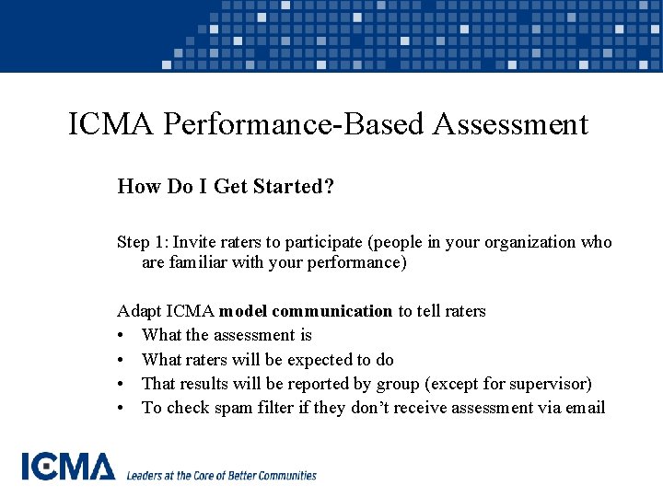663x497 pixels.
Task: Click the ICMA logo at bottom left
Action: pos(68,467)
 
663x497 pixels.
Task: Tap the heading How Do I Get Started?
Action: pos(226,187)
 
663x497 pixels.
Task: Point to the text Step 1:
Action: pos(142,242)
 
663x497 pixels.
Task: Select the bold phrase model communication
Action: pos(306,311)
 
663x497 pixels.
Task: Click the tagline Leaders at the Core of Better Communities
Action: pos(221,476)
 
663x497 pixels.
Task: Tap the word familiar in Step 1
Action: pos(198,262)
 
